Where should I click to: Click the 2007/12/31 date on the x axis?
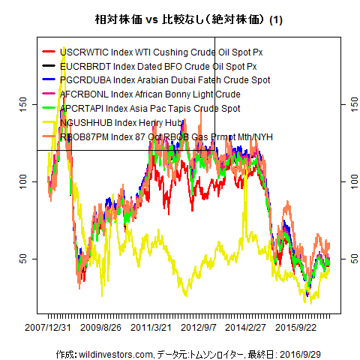(x=49, y=328)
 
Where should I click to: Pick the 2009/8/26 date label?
(x=101, y=328)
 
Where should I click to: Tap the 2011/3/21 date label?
(x=152, y=328)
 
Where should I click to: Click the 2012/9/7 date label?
(x=199, y=328)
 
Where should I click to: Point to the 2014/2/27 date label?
(x=245, y=328)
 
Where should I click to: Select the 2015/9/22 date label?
(x=295, y=328)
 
